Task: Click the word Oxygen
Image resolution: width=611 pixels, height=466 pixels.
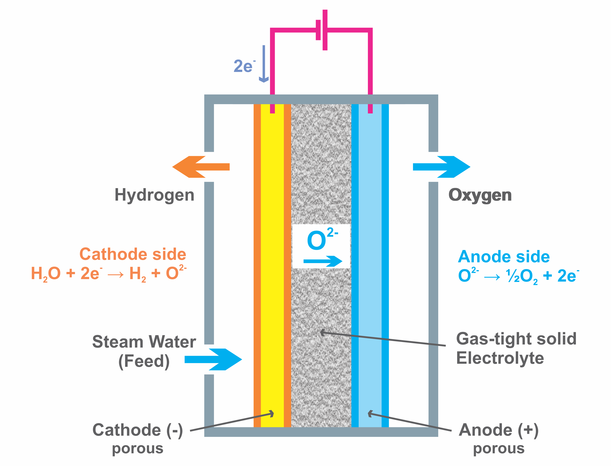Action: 480,195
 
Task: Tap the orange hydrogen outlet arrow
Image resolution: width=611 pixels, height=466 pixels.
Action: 200,167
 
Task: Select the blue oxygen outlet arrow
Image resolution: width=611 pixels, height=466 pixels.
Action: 442,167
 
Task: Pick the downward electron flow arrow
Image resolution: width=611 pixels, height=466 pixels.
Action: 264,64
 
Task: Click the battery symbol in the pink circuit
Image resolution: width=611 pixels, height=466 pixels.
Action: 322,30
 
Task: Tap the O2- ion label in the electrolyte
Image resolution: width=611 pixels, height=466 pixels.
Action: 322,239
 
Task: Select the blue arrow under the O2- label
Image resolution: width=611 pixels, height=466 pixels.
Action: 323,261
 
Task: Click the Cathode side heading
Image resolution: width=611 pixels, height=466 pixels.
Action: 133,254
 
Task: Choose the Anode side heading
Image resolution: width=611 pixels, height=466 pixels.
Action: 503,257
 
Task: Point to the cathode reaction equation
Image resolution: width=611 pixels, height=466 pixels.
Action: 108,274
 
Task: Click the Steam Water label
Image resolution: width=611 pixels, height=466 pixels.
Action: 144,342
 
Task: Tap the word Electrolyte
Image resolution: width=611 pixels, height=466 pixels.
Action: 500,358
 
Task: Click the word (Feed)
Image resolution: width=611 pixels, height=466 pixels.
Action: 144,361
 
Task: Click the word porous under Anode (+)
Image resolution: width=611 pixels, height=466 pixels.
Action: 499,449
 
